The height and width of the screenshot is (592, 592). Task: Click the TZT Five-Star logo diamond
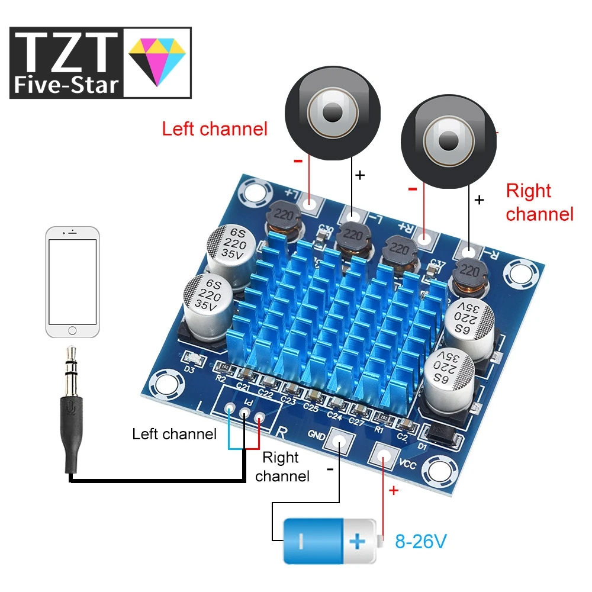click(156, 62)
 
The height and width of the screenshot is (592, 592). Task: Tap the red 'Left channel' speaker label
click(214, 128)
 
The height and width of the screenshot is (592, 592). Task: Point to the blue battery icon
click(329, 540)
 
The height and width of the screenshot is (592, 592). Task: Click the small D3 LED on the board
click(191, 359)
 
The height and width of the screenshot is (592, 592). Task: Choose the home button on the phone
click(73, 329)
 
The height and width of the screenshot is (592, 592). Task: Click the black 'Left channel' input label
click(175, 434)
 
